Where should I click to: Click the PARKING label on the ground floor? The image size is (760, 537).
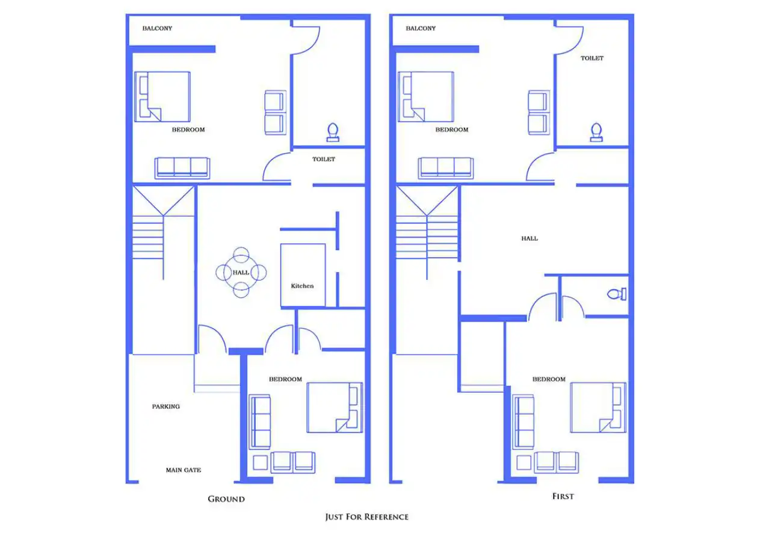point(165,406)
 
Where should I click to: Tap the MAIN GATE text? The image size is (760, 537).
point(183,470)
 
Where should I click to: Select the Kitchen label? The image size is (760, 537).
point(302,286)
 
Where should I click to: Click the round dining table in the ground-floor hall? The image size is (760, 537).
point(241,273)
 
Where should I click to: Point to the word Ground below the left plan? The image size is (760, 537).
point(226,499)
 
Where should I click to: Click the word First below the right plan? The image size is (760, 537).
point(563,497)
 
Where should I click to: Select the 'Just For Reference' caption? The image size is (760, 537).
point(367,517)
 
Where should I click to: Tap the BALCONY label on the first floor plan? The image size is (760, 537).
point(421,28)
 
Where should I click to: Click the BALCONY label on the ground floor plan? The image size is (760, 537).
point(157,28)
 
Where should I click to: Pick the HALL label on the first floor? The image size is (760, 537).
point(530,238)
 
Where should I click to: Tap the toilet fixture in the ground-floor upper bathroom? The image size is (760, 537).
point(333,132)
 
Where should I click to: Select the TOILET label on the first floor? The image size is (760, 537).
point(592,58)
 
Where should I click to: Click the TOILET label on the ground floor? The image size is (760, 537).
point(324,160)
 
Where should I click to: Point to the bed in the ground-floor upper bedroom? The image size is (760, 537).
point(162,97)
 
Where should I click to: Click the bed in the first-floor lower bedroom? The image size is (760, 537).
point(598,407)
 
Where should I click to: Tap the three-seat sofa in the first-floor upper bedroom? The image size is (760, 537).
point(446,167)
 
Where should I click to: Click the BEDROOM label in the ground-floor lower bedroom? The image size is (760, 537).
point(285,379)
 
